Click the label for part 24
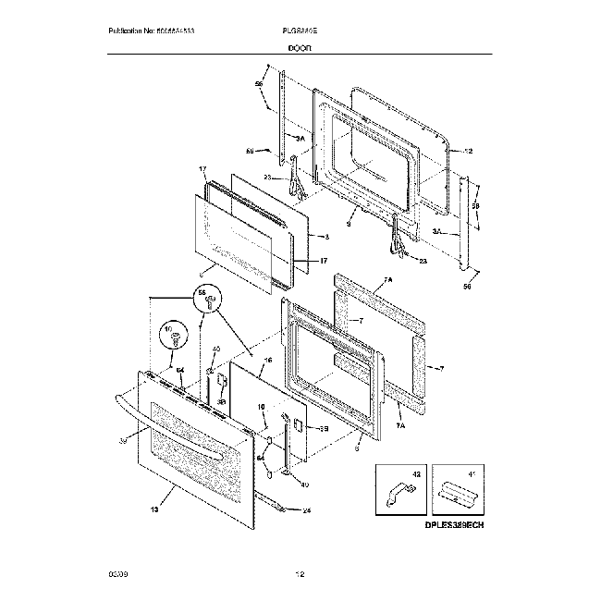pyautogui.click(x=306, y=509)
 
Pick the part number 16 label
pyautogui.click(x=267, y=361)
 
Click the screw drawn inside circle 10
pyautogui.click(x=173, y=339)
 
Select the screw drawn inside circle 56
pyautogui.click(x=209, y=302)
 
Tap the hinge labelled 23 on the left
pyautogui.click(x=296, y=178)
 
